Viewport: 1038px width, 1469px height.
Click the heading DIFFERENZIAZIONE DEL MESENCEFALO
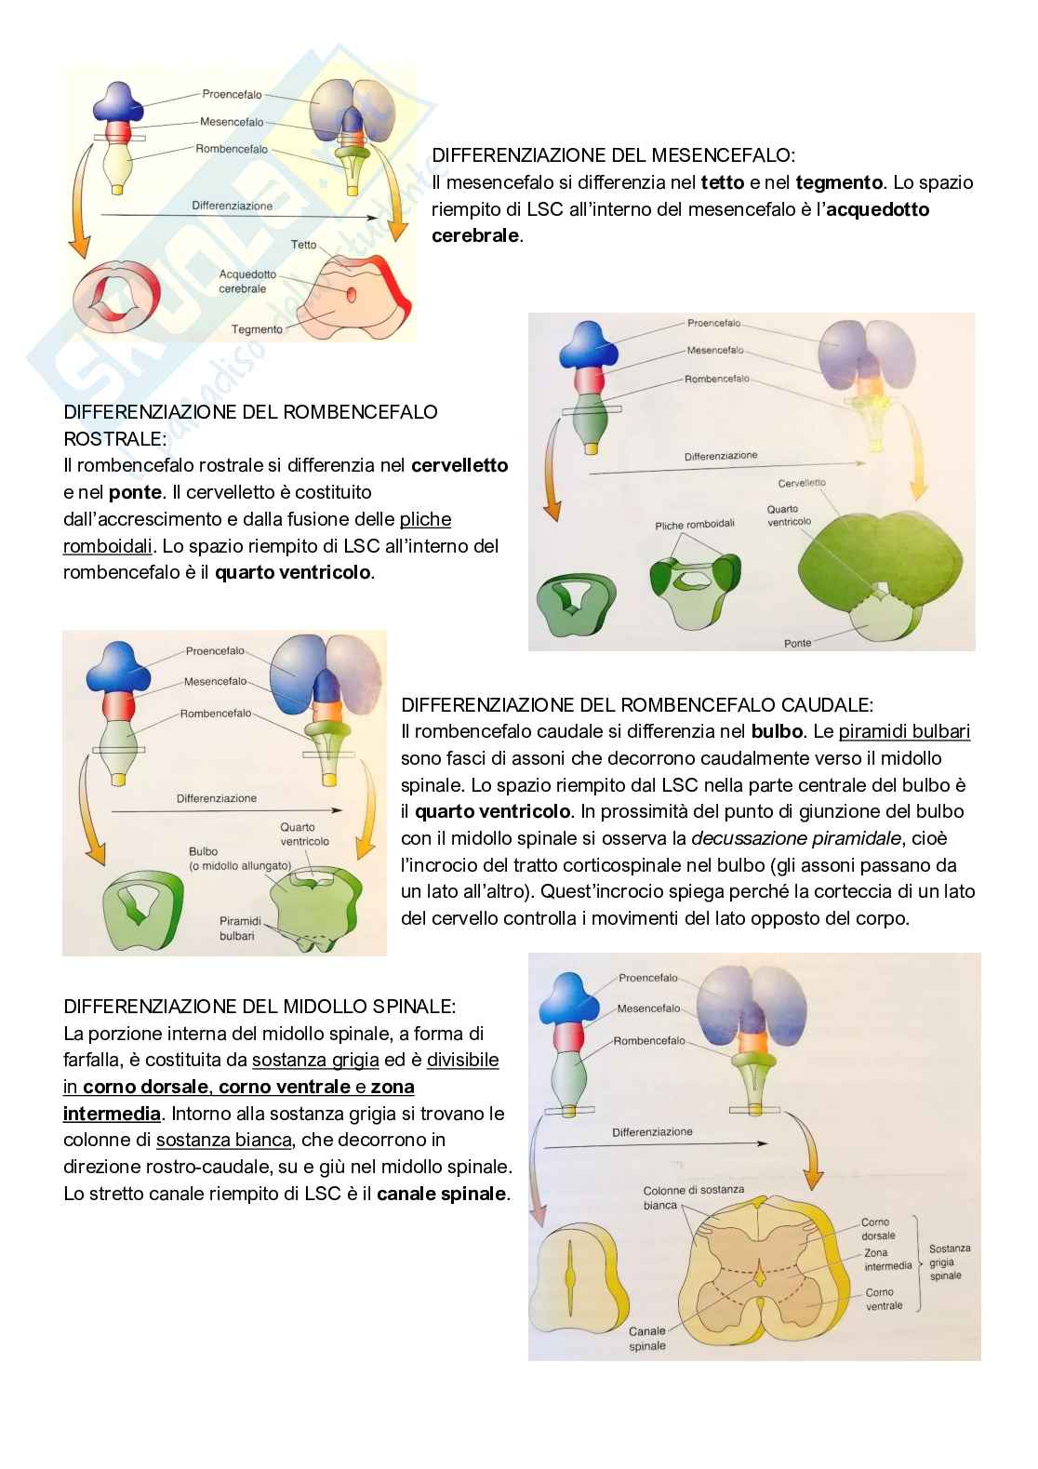pos(614,154)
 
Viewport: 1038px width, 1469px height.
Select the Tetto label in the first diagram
pos(304,245)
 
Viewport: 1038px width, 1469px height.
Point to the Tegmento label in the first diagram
pos(257,329)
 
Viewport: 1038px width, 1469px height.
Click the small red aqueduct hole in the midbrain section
pos(351,295)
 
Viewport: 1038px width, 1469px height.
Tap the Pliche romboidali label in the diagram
pos(694,524)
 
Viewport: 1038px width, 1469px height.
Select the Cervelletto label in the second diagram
pos(801,483)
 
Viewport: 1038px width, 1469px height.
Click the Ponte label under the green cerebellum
pos(797,643)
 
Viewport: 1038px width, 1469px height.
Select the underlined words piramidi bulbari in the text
pos(904,731)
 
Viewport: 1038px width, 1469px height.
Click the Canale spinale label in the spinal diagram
pos(647,1338)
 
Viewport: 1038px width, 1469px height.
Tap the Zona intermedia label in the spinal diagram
pos(887,1259)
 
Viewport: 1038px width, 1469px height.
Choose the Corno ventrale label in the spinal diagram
pos(884,1299)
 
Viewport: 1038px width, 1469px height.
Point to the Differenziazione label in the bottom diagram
pos(652,1132)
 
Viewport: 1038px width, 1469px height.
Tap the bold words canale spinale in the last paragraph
pos(442,1193)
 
